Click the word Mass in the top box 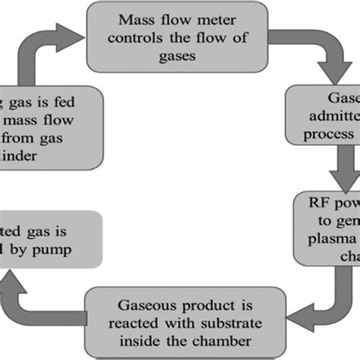135,22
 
